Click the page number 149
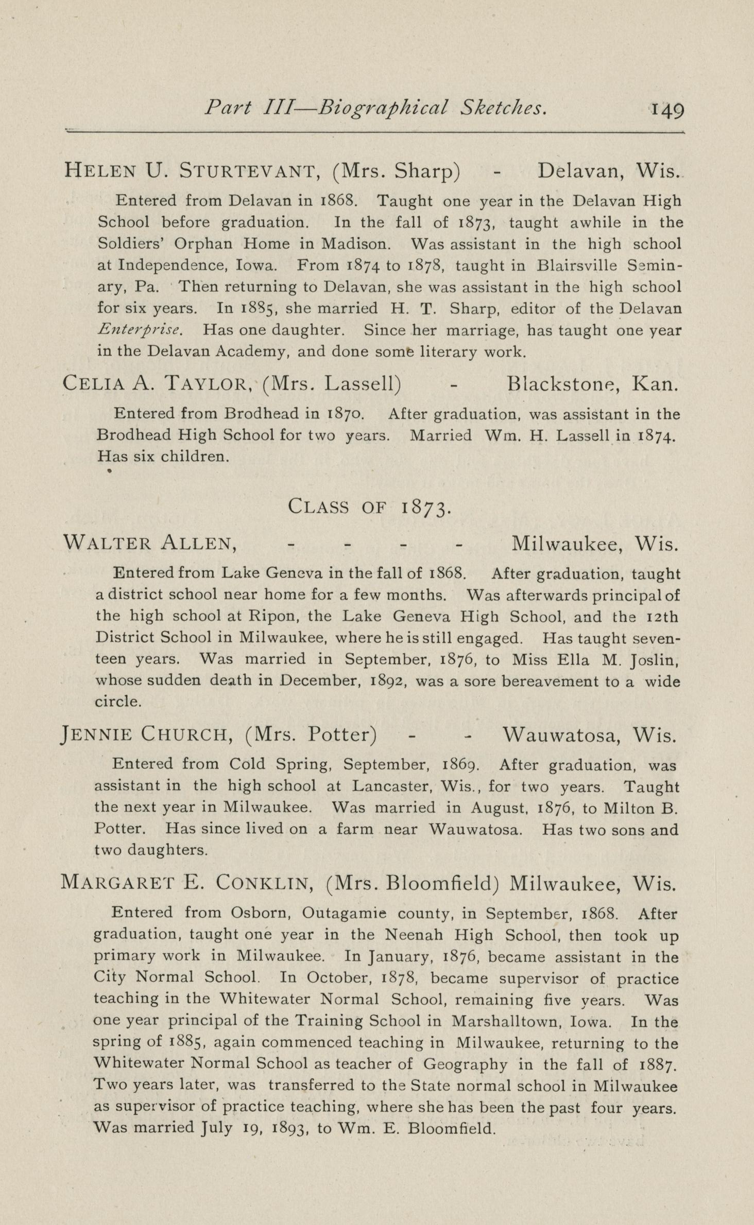(667, 110)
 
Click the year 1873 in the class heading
(426, 507)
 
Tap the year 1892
(389, 682)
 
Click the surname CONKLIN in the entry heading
(263, 883)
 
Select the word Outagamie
(344, 914)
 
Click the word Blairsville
(576, 266)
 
